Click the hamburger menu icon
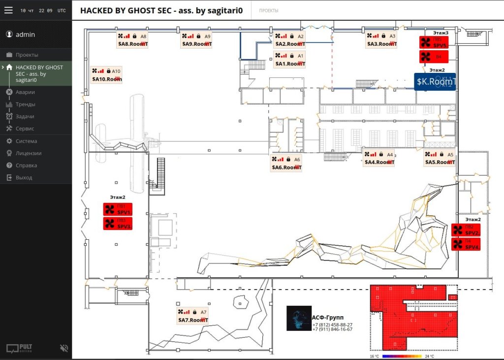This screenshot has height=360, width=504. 8,10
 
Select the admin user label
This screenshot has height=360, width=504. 25,34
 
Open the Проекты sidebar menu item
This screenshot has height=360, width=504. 27,55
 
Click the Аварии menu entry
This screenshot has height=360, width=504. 25,92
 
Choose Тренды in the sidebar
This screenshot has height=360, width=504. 25,104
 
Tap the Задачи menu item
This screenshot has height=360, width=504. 25,116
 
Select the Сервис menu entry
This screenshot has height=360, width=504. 25,129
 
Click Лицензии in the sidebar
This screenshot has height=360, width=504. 28,153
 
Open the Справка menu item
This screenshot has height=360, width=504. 26,165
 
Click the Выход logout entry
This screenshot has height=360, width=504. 24,177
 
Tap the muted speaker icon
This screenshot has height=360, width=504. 64,348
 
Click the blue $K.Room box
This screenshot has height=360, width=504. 435,82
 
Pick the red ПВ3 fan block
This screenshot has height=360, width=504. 118,224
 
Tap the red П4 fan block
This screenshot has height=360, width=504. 466,244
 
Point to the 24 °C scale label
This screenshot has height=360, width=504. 429,356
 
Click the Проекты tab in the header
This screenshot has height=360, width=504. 268,10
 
